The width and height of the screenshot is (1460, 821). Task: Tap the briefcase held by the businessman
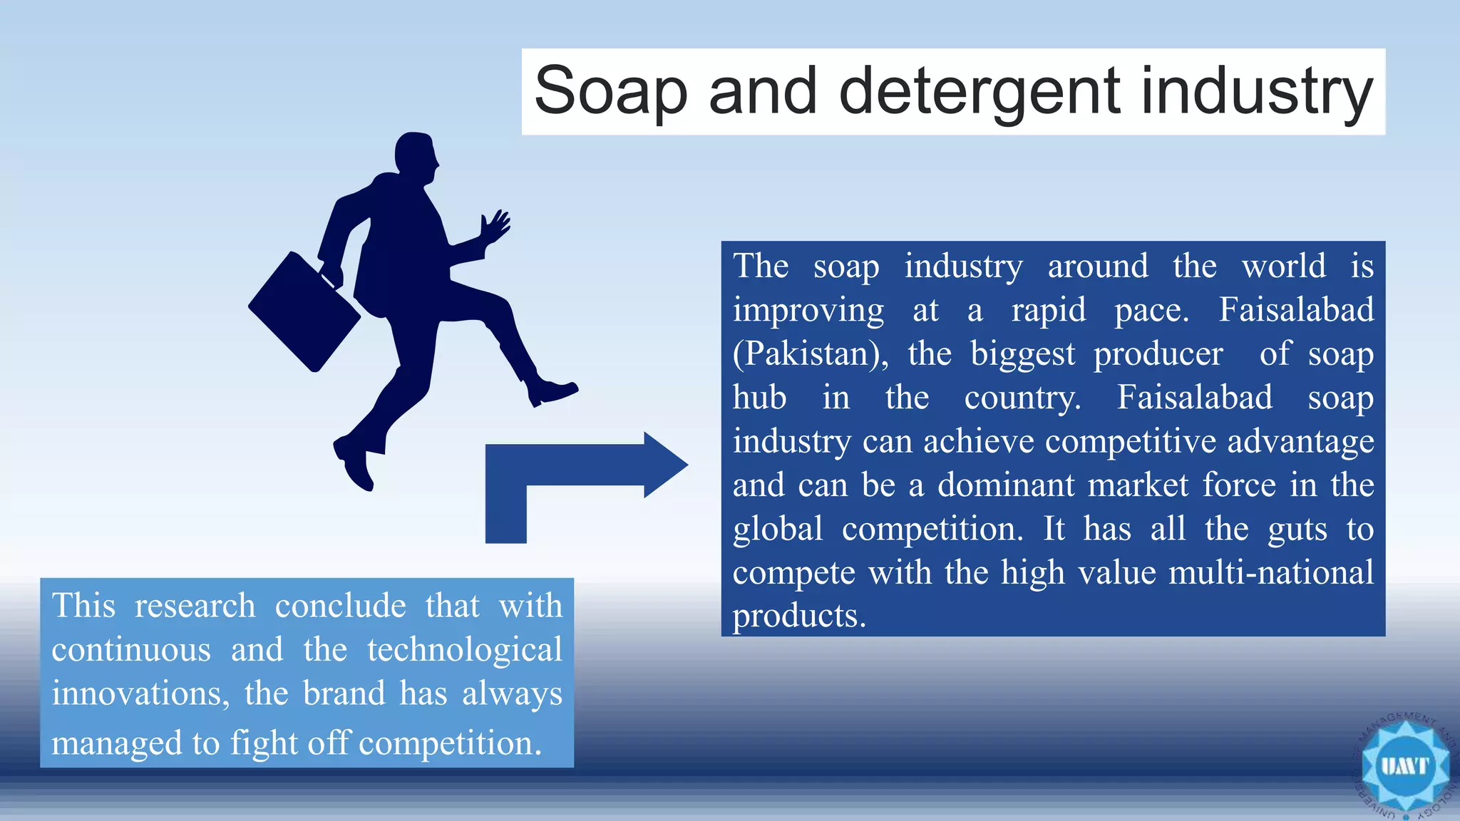click(304, 311)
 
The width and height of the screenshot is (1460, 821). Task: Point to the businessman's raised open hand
click(495, 227)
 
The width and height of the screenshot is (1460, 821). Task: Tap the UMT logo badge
click(1405, 767)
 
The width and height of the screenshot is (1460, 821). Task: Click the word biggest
click(1022, 355)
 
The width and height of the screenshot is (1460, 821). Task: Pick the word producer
click(1158, 355)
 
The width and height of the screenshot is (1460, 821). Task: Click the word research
click(195, 606)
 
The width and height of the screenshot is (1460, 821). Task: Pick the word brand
click(344, 693)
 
